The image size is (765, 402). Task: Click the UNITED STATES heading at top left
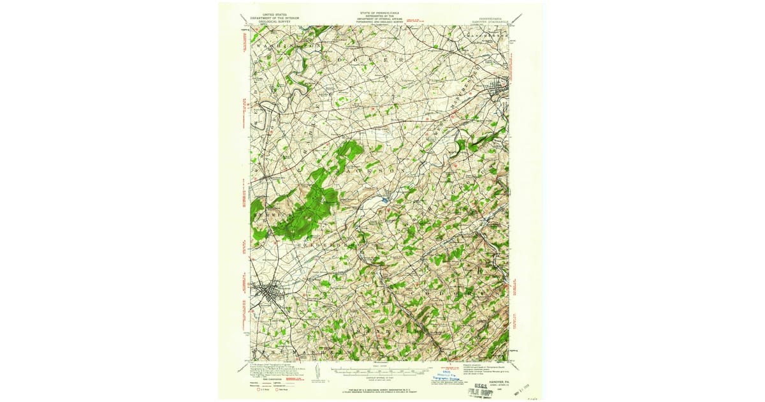tap(269, 11)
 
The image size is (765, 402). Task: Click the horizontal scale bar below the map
tap(381, 369)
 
